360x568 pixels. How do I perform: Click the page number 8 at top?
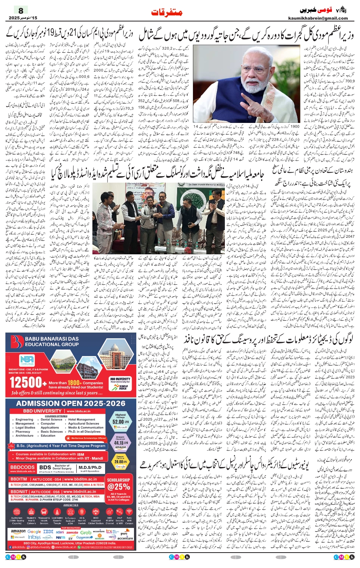point(21,10)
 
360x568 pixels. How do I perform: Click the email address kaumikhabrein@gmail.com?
point(318,18)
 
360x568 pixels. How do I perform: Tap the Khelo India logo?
point(123,387)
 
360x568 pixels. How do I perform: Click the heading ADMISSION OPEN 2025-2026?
point(71,403)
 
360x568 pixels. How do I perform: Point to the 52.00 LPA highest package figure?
point(120,422)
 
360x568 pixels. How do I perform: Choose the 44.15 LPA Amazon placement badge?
point(120,443)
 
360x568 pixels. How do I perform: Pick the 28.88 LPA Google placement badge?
point(120,461)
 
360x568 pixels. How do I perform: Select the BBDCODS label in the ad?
point(23,467)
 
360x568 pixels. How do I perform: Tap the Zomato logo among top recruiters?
point(72,532)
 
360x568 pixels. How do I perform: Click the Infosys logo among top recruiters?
point(34,537)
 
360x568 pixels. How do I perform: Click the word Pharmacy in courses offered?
point(23,432)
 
